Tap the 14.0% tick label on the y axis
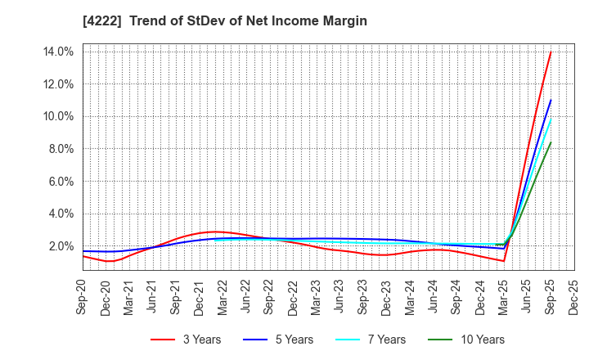pos(57,52)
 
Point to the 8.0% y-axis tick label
pos(60,149)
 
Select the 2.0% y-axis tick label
pos(60,246)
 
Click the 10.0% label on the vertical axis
pos(57,116)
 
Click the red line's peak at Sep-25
pos(551,52)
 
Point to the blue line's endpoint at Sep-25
pos(551,101)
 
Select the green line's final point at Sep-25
pos(551,142)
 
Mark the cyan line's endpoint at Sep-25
pos(551,119)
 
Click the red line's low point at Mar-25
pos(504,261)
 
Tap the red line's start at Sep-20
pos(83,256)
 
